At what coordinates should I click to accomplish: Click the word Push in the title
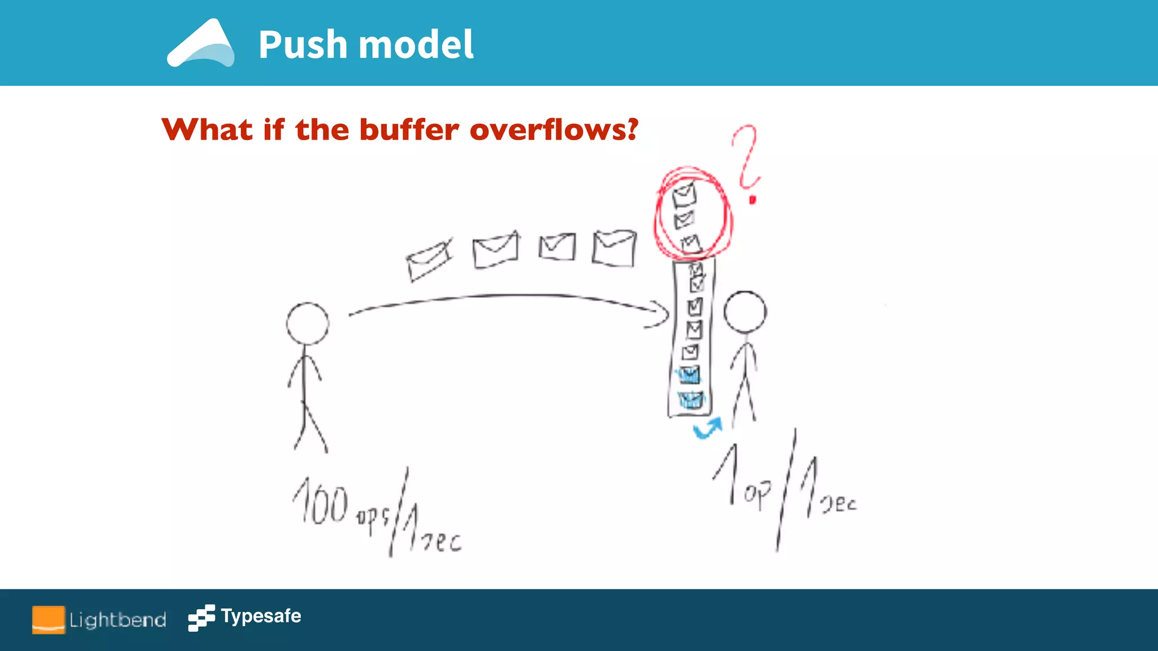(303, 45)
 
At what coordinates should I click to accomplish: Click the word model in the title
(416, 45)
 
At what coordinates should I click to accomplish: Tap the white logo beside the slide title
(201, 44)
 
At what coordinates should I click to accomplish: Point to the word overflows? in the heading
(554, 130)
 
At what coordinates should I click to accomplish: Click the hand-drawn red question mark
(747, 161)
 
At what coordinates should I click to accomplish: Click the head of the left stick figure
(307, 323)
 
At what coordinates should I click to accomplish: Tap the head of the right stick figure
(745, 312)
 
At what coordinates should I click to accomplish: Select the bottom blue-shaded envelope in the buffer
(690, 400)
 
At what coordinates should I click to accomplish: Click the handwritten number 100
(320, 501)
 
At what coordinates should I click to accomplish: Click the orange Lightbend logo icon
(48, 619)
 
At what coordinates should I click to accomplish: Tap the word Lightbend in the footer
(118, 620)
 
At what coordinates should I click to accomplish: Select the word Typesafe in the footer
(261, 616)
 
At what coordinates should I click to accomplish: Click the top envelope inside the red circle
(684, 195)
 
